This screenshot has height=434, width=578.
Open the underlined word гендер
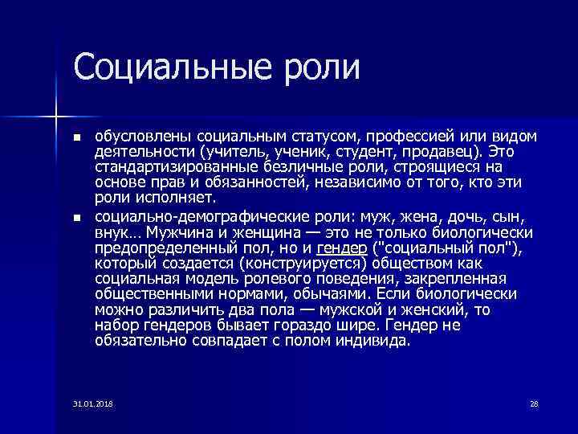click(x=342, y=248)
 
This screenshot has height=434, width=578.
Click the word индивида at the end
click(x=375, y=339)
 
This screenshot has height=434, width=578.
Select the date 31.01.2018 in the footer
click(x=92, y=403)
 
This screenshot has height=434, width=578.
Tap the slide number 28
click(x=533, y=403)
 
